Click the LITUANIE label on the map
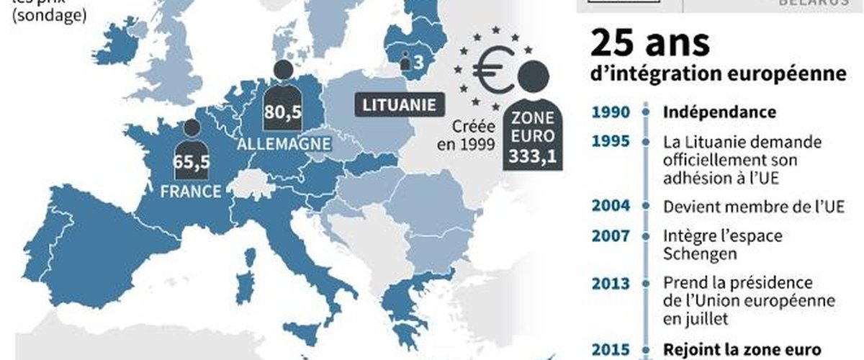pos(397,105)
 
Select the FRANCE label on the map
pos(191,192)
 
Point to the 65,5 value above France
pos(191,163)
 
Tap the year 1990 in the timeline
pos(611,113)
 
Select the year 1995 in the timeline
pos(611,142)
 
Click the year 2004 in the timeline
pos(611,207)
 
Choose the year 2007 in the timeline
pos(611,235)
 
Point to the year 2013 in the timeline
pos(611,282)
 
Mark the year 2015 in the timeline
pos(611,349)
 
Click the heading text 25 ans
pos(650,45)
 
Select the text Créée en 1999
pos(467,135)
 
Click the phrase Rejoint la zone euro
pos(742,349)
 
